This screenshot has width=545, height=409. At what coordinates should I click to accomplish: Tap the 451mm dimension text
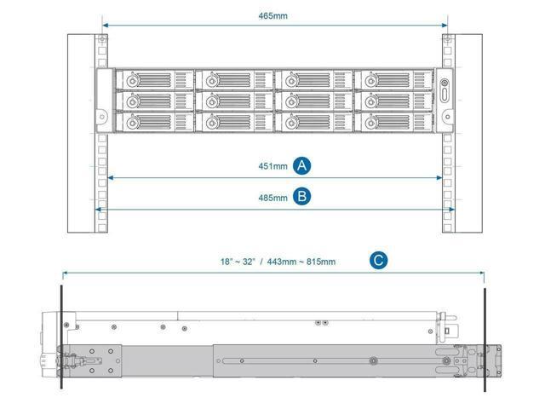tap(274, 166)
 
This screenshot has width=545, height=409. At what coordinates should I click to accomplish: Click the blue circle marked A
tap(301, 166)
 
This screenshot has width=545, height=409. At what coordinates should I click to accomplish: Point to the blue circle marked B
tap(301, 197)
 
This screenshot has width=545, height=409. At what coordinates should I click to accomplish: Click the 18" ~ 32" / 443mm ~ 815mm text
tap(274, 262)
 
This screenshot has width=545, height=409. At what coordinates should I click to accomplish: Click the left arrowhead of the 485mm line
tap(98, 209)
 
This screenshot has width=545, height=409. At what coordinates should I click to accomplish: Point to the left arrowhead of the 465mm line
tap(105, 26)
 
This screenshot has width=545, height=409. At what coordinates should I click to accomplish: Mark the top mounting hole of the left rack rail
tap(102, 42)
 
